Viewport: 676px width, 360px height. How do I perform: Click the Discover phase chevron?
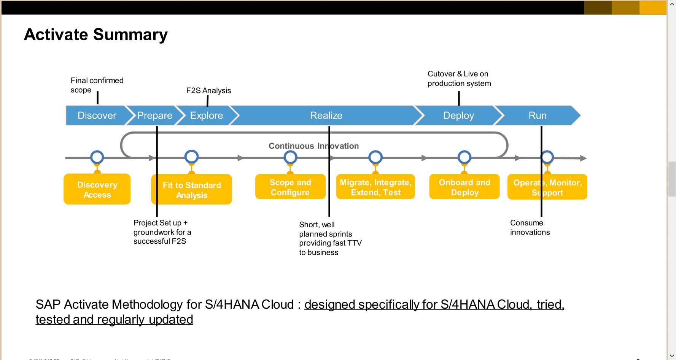[97, 116]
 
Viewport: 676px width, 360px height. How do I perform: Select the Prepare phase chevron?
[154, 116]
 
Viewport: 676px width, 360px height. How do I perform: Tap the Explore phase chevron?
[206, 116]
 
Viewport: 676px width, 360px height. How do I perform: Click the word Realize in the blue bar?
[326, 116]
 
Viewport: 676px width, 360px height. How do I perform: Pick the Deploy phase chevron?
[458, 116]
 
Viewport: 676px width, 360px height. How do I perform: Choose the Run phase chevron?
[537, 116]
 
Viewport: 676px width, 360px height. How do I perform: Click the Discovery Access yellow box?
[97, 189]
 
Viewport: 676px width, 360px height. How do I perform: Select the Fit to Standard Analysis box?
[191, 190]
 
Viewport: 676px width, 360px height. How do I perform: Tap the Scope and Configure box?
[290, 187]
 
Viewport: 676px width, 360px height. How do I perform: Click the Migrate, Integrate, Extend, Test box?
[375, 187]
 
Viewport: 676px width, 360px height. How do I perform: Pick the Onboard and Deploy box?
[464, 187]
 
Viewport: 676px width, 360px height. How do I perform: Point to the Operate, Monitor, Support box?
[547, 187]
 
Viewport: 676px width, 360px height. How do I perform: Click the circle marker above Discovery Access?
[97, 157]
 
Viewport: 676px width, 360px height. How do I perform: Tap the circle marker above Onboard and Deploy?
[464, 157]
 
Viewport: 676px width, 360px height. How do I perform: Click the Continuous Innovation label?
[313, 146]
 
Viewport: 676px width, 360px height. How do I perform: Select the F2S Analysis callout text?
[208, 90]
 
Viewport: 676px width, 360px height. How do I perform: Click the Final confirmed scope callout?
[97, 85]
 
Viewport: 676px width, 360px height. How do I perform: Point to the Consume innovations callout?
[530, 227]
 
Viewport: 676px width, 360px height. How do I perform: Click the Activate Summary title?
[95, 35]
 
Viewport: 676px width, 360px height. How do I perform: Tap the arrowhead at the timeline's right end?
[583, 158]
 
